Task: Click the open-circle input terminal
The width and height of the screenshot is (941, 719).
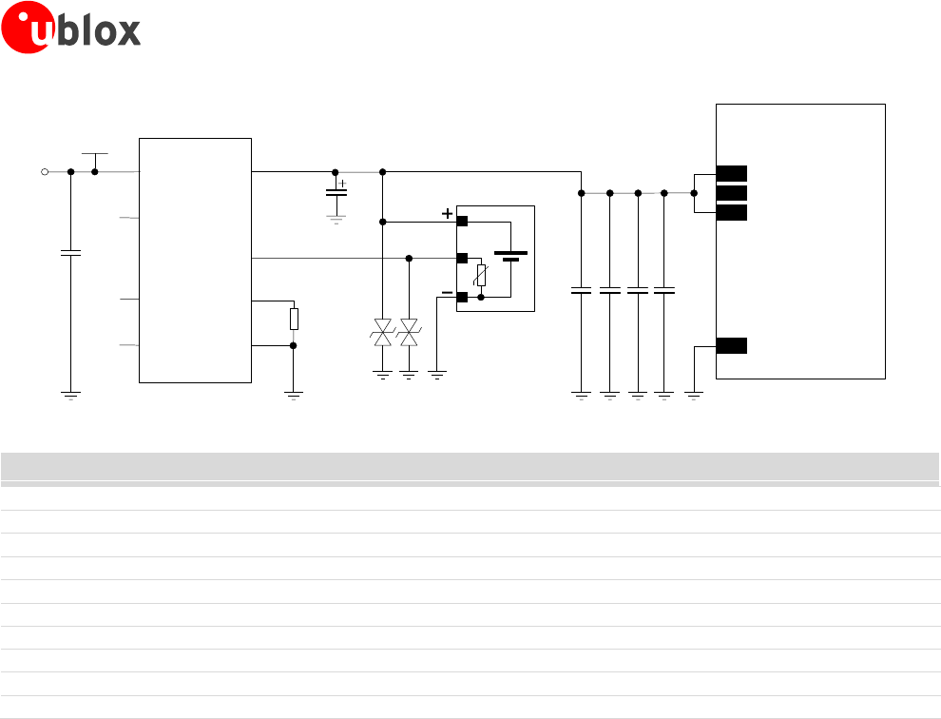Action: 44,172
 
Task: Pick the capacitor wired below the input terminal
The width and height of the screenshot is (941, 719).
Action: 70,253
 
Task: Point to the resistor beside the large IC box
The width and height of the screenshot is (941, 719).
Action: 294,319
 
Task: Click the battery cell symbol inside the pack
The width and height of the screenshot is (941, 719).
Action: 512,256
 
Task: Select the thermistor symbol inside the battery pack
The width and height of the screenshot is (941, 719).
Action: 482,276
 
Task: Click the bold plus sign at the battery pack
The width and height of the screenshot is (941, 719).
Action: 447,215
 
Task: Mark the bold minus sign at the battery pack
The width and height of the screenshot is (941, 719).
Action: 446,293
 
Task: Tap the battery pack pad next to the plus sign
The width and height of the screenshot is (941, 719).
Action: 462,222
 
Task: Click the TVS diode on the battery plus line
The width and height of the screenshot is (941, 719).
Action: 383,333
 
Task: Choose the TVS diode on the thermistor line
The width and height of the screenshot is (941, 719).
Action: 410,333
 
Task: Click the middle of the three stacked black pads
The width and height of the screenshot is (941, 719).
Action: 732,193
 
